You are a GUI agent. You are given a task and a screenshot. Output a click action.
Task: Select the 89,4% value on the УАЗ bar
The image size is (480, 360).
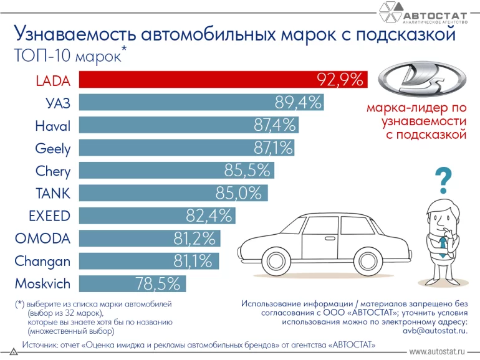[298, 102]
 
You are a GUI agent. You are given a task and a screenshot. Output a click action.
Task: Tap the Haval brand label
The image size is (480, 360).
[52, 126]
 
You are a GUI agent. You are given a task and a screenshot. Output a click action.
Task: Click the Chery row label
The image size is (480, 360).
[53, 171]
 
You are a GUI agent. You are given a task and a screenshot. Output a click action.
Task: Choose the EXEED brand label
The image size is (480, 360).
[49, 216]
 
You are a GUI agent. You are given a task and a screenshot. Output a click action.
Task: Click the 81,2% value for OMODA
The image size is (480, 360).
[194, 239]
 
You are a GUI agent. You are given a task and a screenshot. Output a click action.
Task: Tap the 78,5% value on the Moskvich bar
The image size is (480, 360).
[158, 284]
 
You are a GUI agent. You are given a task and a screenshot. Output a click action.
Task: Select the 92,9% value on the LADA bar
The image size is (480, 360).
[340, 80]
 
